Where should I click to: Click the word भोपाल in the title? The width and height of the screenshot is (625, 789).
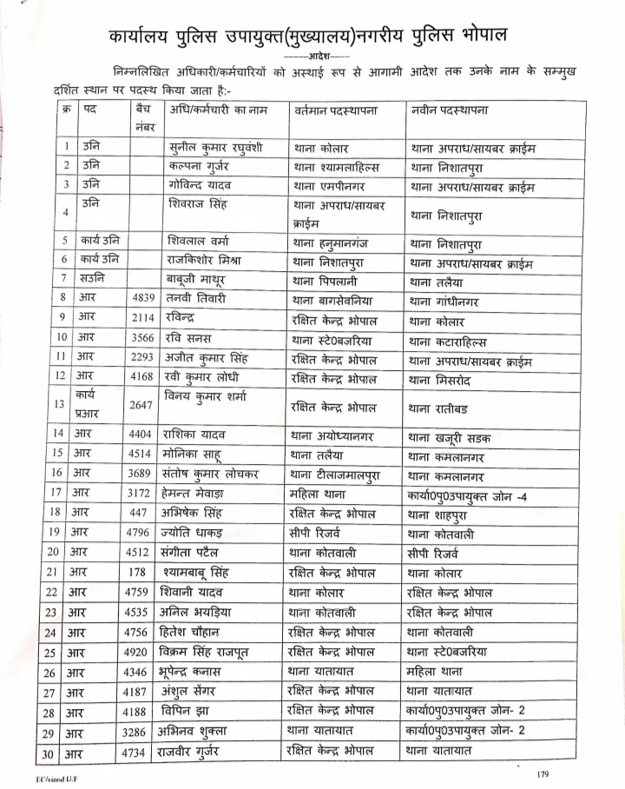pyautogui.click(x=482, y=36)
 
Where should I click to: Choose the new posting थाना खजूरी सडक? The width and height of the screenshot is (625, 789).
pyautogui.click(x=449, y=433)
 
